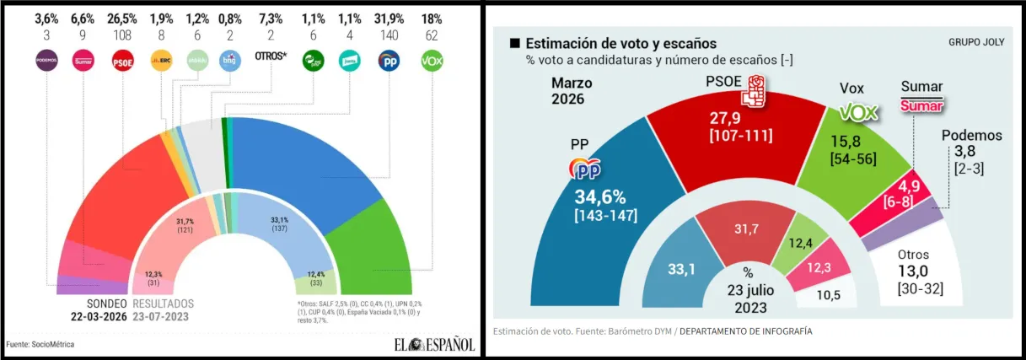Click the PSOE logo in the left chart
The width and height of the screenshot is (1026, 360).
click(123, 60)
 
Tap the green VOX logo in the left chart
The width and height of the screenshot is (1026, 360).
click(432, 60)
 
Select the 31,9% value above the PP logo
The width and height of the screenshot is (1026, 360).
click(389, 19)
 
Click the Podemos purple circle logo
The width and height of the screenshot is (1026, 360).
click(46, 60)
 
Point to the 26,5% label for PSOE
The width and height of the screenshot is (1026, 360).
click(123, 19)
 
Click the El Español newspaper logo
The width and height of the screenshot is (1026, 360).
click(433, 344)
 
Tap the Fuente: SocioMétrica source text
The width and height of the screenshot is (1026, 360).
click(40, 344)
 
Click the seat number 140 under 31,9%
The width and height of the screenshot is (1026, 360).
click(389, 35)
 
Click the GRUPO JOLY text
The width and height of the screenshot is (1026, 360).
click(976, 43)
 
